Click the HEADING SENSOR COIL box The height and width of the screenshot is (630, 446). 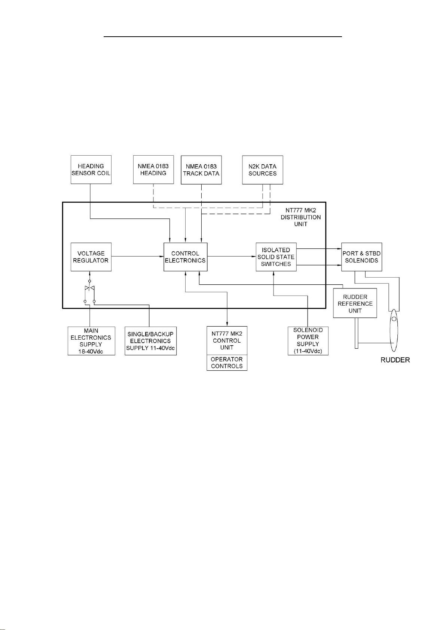coord(91,169)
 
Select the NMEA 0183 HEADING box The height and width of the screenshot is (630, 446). coord(153,169)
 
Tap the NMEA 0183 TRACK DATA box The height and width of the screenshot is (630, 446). coord(201,170)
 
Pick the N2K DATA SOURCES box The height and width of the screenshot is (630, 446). coord(262,170)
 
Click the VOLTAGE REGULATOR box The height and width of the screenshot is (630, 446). coord(91,257)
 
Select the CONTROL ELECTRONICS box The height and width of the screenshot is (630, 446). coord(185,257)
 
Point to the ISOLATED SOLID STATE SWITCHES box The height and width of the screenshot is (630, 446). coord(276,257)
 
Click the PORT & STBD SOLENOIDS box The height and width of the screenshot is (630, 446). coord(361,257)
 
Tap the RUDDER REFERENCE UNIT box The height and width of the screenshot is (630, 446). coord(355,303)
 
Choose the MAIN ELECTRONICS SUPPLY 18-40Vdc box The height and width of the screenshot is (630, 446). coord(91,341)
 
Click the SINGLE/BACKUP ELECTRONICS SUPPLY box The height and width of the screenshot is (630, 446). coord(150,341)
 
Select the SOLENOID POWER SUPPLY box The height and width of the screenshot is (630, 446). coord(308,341)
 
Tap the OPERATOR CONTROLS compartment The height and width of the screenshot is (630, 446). coord(227,363)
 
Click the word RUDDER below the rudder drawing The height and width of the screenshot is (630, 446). coord(395,360)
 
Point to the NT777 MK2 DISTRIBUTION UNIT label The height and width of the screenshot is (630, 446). coord(300,217)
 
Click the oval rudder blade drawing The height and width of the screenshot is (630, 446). coord(394,330)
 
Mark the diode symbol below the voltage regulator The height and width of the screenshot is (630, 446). coord(89,288)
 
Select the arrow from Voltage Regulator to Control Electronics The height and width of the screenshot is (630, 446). coord(138,256)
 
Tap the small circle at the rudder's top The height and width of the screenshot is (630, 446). coord(394,319)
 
